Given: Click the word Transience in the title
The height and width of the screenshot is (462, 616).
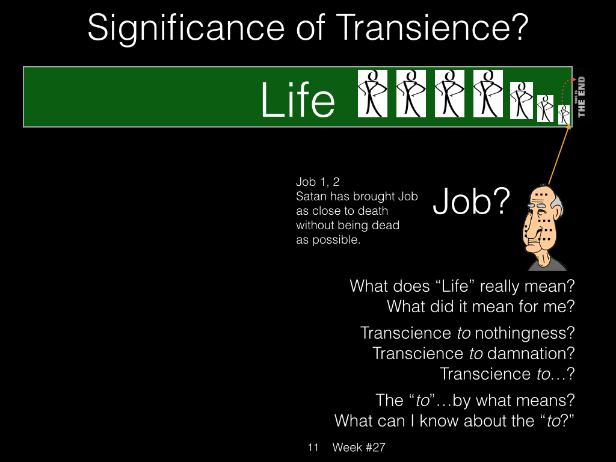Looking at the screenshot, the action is [x=433, y=28].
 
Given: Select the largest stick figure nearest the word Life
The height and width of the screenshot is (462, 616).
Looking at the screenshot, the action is [x=372, y=93].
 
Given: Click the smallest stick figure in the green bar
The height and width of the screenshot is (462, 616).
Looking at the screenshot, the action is [x=564, y=115].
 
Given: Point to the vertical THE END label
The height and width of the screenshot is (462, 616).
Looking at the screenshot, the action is [x=581, y=97].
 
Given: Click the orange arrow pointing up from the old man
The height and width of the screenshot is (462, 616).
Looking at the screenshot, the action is [x=559, y=155].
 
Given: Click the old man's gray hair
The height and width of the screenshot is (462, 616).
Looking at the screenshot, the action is [x=556, y=205].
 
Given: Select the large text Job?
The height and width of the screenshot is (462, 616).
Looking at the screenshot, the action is [x=471, y=201].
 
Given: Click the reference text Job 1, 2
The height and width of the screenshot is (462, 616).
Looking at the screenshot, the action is [x=318, y=182].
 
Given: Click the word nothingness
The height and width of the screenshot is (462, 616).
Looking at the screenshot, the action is [x=525, y=333].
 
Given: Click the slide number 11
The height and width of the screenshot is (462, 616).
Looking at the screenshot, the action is [x=313, y=448].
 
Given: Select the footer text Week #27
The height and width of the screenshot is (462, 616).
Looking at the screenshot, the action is [x=359, y=448].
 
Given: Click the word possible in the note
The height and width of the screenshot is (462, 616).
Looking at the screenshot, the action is [x=336, y=240].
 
